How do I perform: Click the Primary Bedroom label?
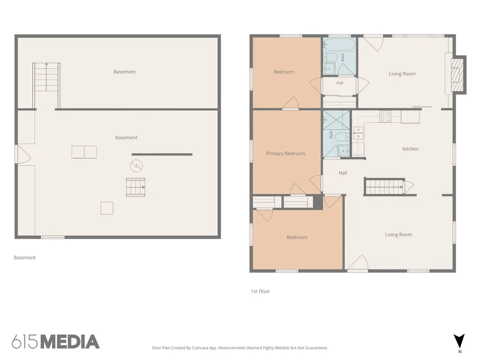pos(285,153)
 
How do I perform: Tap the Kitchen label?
pos(410,149)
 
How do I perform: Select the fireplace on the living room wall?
pos(458,75)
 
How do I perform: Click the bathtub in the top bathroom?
pos(339,45)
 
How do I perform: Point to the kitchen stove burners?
pos(385,117)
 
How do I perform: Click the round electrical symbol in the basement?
pos(136,166)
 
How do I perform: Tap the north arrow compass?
pos(459,341)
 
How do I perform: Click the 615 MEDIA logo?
pos(56,342)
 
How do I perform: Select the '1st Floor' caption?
pos(260,291)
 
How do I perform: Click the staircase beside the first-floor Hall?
pos(384,187)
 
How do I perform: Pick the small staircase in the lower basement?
pos(135,187)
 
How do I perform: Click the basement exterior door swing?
pos(23,154)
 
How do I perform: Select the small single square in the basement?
pos(107,208)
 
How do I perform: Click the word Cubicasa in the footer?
pos(200,348)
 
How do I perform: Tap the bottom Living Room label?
pos(398,234)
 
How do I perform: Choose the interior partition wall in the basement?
pos(162,154)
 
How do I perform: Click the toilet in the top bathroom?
pos(330,57)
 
